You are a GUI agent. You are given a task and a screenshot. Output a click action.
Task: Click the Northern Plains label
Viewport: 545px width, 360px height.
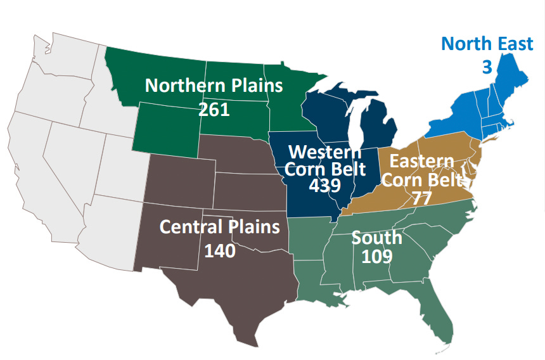214,86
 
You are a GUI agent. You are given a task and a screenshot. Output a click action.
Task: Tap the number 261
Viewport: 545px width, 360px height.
214,109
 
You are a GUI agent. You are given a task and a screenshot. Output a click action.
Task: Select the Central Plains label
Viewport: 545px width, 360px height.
219,227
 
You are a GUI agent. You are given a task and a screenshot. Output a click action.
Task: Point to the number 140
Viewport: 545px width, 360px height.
219,251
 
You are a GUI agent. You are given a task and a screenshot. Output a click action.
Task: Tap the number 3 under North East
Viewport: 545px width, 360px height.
487,67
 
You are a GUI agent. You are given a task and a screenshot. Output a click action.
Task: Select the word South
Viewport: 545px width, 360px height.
376,238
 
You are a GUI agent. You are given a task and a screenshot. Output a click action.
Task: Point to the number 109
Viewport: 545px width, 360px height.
376,257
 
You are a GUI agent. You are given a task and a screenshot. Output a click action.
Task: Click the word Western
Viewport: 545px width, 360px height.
324,152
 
